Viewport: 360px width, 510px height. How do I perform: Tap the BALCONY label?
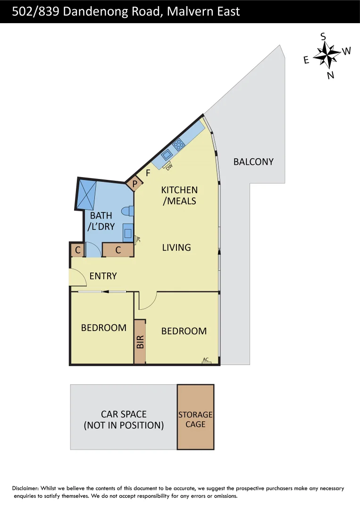pos(253,161)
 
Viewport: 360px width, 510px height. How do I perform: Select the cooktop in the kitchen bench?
pos(178,144)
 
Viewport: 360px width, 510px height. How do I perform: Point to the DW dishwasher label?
pos(168,166)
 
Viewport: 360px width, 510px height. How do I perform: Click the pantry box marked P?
pos(134,183)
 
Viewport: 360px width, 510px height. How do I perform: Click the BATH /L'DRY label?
pos(101,221)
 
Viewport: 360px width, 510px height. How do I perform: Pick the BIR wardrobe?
pos(140,341)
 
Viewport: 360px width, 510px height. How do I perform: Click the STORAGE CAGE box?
pos(195,417)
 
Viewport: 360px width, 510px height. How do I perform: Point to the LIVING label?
pos(176,247)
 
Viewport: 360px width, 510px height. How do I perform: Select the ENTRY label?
pos(103,276)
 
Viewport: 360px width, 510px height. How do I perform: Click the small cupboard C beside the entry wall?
pos(76,250)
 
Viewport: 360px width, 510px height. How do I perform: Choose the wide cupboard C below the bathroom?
pos(118,250)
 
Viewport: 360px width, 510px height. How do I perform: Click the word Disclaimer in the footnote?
pos(25,488)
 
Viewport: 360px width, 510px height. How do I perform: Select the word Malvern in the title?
pos(187,11)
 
